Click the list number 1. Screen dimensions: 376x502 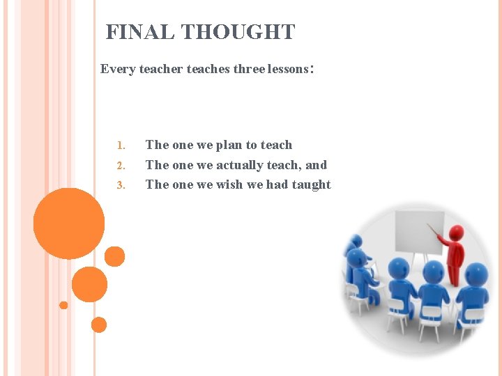click(120, 146)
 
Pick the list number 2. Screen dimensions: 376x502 click(120, 166)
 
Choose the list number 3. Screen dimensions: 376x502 click(120, 185)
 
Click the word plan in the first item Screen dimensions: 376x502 click(229, 145)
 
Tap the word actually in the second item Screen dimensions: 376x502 click(243, 165)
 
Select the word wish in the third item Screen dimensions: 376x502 click(229, 185)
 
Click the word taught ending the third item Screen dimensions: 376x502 click(312, 185)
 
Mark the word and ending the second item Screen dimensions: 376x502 click(316, 165)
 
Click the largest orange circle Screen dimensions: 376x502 click(69, 224)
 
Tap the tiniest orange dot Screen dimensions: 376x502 click(63, 305)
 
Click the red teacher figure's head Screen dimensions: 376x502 click(456, 232)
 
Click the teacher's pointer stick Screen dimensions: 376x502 click(436, 231)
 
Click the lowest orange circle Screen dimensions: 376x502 click(99, 324)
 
